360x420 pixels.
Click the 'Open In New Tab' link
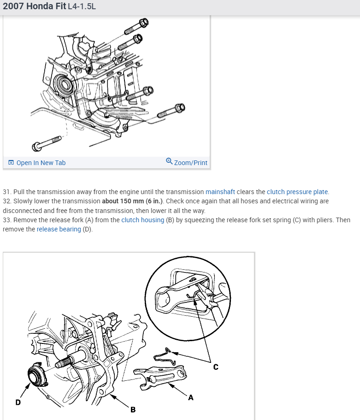41,163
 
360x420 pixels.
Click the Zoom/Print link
190,163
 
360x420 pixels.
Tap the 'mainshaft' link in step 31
220,192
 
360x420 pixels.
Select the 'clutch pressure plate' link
297,192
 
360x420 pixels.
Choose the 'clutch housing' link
142,220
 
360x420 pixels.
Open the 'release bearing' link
59,229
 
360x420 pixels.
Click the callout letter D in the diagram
18,402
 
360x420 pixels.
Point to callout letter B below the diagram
133,409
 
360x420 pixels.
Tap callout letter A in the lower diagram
190,398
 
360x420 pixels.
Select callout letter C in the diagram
215,367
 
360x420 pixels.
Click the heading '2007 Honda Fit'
35,7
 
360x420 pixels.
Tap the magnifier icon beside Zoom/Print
169,161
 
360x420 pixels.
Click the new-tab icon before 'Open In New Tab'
11,163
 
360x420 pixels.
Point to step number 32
7,201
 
